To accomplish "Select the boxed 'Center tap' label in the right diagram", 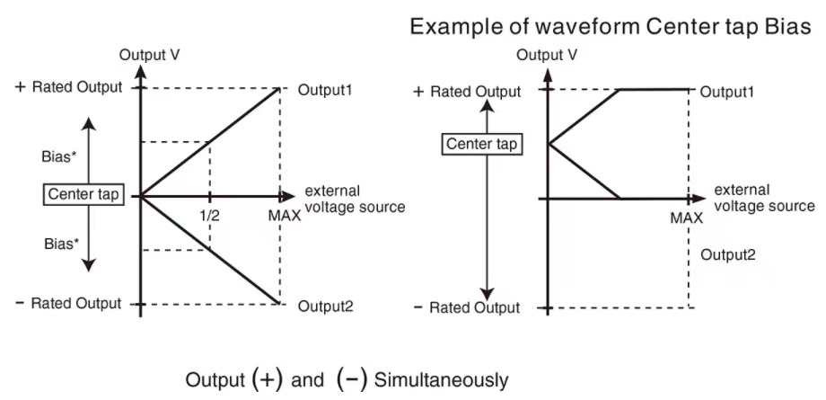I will tap(484, 143).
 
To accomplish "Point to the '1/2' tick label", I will tap(209, 216).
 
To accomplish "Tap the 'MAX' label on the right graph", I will tap(688, 218).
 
